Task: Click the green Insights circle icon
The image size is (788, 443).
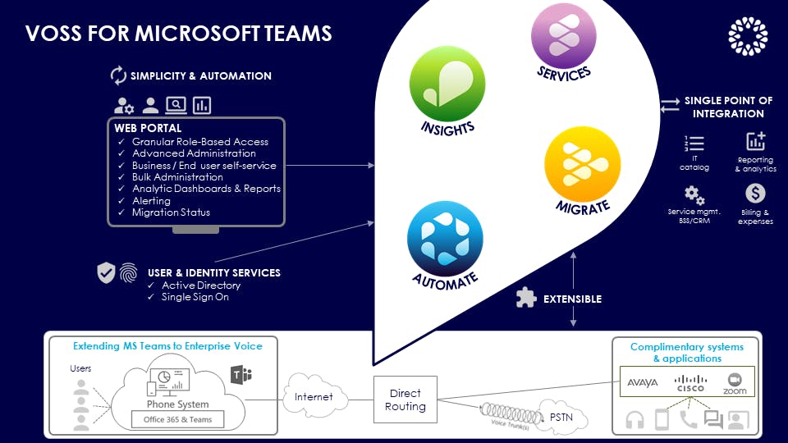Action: point(447,84)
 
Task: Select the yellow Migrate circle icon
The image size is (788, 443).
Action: point(583,162)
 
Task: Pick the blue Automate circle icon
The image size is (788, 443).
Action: point(445,238)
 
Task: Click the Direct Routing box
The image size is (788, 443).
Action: point(405,400)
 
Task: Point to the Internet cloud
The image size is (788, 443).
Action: point(314,397)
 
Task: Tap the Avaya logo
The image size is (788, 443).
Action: point(643,382)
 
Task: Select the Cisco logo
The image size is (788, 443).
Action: point(690,383)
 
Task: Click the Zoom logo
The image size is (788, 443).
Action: point(735,383)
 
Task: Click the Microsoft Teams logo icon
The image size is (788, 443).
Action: point(241,376)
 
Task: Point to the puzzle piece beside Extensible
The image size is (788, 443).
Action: point(525,298)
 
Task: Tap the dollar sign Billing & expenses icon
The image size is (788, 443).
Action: point(755,194)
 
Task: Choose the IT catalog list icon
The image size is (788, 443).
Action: point(694,144)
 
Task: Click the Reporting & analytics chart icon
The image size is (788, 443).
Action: point(755,141)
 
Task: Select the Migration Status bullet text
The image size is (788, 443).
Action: point(171,212)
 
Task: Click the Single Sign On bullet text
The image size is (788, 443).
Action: point(195,297)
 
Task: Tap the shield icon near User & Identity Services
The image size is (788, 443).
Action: point(107,273)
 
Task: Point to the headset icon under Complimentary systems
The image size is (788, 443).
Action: point(635,420)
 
